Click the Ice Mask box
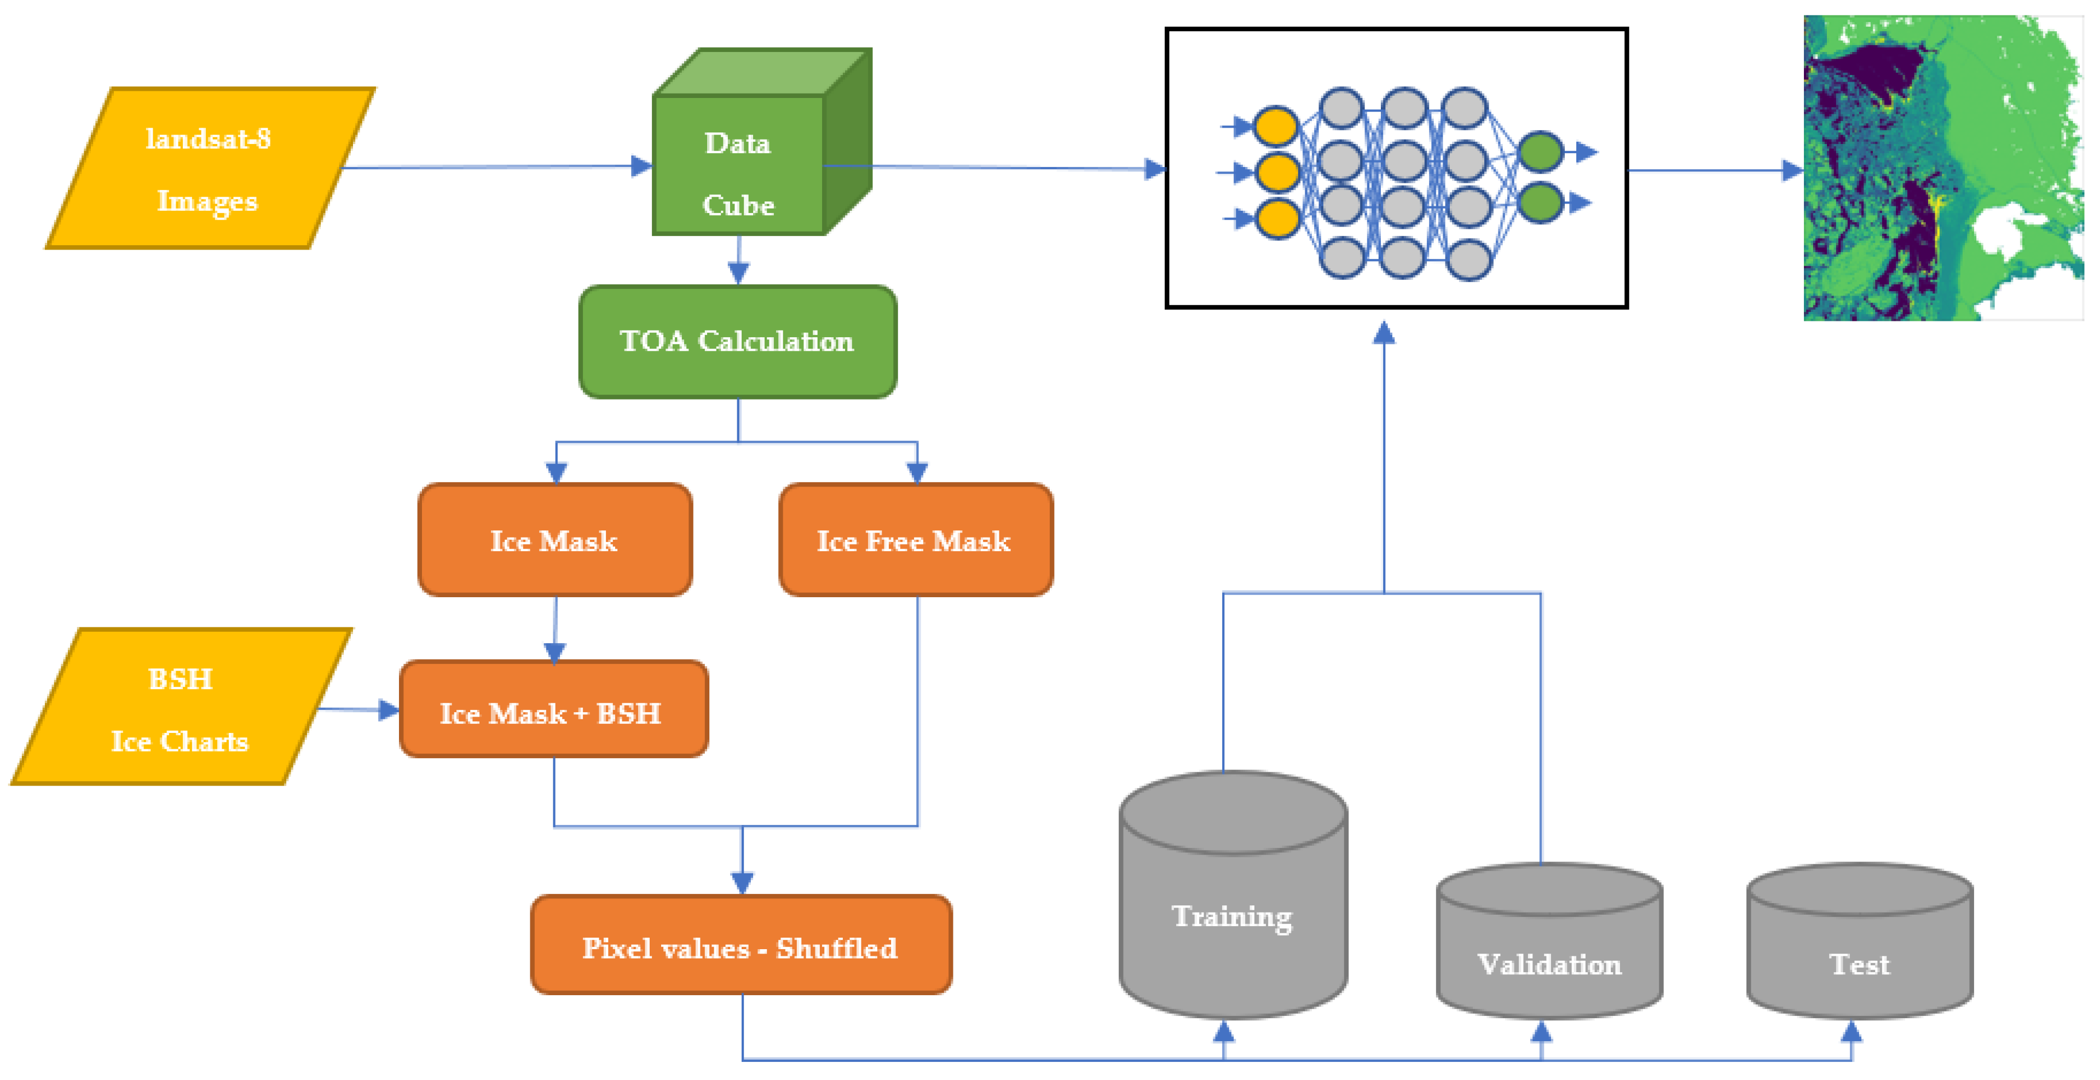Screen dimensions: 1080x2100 pyautogui.click(x=554, y=540)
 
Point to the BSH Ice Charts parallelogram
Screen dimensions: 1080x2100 pyautogui.click(x=181, y=708)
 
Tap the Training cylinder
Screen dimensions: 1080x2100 pyautogui.click(x=1233, y=913)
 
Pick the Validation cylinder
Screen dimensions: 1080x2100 pyautogui.click(x=1549, y=954)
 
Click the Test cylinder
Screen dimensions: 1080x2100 pyautogui.click(x=1860, y=954)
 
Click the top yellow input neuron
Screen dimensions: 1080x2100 pyautogui.click(x=1276, y=126)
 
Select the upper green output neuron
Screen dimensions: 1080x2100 pyautogui.click(x=1540, y=152)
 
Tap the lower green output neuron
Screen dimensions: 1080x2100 pyautogui.click(x=1540, y=202)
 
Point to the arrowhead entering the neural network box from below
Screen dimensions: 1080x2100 pyautogui.click(x=1384, y=333)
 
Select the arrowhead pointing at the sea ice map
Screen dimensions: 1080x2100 pyautogui.click(x=1792, y=170)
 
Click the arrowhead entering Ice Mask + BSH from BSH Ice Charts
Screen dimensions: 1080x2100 pyautogui.click(x=389, y=710)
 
